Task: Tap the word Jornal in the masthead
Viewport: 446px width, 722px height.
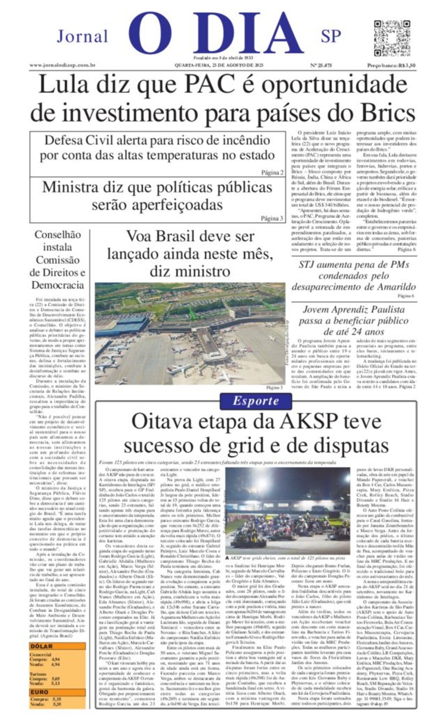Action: point(82,36)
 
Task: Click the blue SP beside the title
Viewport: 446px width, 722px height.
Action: point(331,36)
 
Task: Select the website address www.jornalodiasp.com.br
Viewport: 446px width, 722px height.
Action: point(63,65)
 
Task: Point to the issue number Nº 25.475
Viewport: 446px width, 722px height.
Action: point(321,65)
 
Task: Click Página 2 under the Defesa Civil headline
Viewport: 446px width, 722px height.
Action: point(272,173)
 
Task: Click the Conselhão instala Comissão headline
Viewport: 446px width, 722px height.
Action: point(58,260)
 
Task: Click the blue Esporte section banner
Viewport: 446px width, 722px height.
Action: point(255,401)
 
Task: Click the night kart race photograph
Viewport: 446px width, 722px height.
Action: point(287,511)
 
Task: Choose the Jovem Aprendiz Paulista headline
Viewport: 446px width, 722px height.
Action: point(353,320)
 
